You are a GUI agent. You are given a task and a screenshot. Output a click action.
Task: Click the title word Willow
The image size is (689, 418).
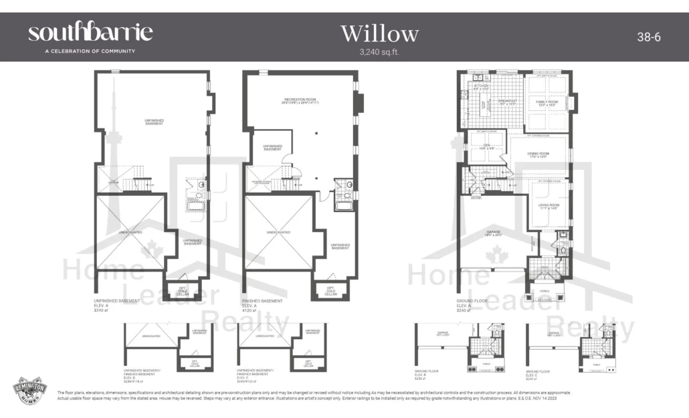[x=379, y=33]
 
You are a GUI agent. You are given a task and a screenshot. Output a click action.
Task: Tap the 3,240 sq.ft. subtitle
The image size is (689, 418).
[x=379, y=51]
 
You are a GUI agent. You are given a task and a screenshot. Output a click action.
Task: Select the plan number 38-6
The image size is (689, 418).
[x=648, y=37]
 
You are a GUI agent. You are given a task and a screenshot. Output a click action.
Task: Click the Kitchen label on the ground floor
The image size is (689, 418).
[x=482, y=87]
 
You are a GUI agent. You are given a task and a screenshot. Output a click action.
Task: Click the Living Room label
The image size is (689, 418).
[x=548, y=207]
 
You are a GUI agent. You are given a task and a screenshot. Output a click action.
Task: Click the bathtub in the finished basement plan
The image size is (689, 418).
[x=343, y=205]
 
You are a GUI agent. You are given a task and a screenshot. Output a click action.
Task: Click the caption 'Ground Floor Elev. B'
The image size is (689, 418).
[x=426, y=374]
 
